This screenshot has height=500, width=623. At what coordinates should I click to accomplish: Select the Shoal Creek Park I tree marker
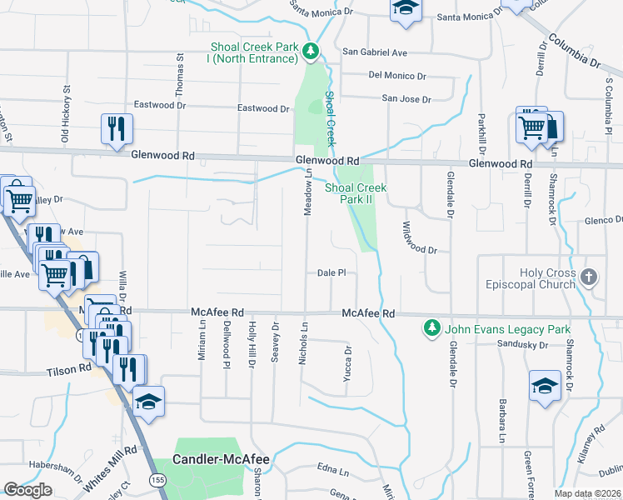point(311,52)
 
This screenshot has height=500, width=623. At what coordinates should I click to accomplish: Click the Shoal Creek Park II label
point(356,193)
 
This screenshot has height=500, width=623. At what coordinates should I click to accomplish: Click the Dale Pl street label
point(331,272)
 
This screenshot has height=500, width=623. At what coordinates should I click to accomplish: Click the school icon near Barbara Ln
point(545,384)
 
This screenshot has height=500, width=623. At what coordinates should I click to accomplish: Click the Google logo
point(27,490)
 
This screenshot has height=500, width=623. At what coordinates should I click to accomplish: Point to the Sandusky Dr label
point(521,343)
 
